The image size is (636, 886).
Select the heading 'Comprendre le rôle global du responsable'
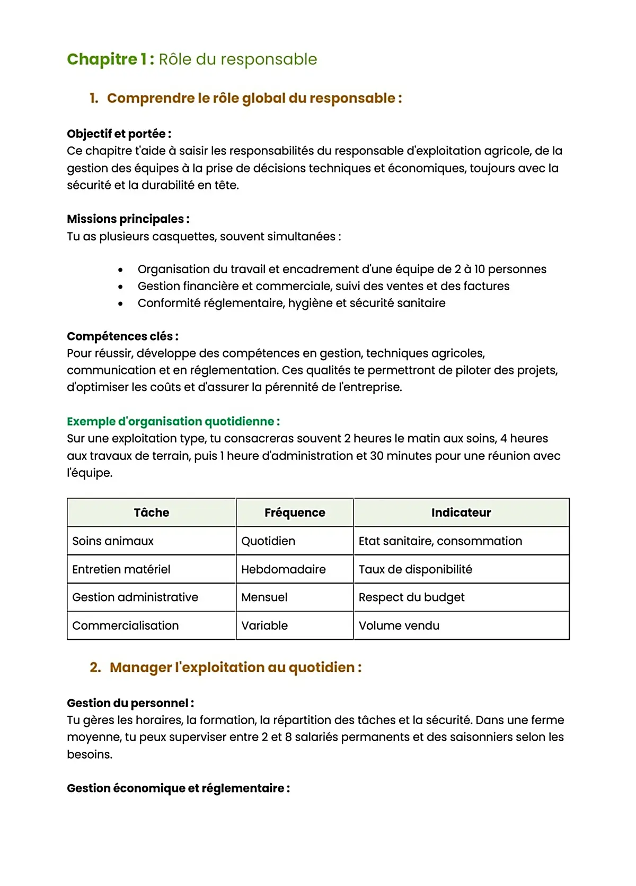[254, 98]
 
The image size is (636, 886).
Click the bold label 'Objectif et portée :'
[119, 134]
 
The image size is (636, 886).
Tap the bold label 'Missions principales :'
[128, 219]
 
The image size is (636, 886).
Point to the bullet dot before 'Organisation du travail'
[121, 270]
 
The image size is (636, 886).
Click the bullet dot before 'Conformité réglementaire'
[121, 303]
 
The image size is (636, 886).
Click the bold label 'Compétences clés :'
[122, 336]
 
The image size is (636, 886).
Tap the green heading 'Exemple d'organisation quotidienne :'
[173, 421]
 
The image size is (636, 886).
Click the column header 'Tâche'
[152, 513]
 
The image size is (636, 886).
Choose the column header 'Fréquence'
[295, 513]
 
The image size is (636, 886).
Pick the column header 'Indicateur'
[461, 513]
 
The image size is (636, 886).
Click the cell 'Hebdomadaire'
[284, 569]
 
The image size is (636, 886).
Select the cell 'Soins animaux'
[113, 541]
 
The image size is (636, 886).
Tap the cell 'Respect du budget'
[411, 597]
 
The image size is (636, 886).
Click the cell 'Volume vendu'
[399, 626]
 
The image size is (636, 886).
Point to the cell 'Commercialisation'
[126, 626]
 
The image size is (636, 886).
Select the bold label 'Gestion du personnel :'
[130, 703]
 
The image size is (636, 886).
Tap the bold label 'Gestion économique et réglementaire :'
[178, 788]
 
